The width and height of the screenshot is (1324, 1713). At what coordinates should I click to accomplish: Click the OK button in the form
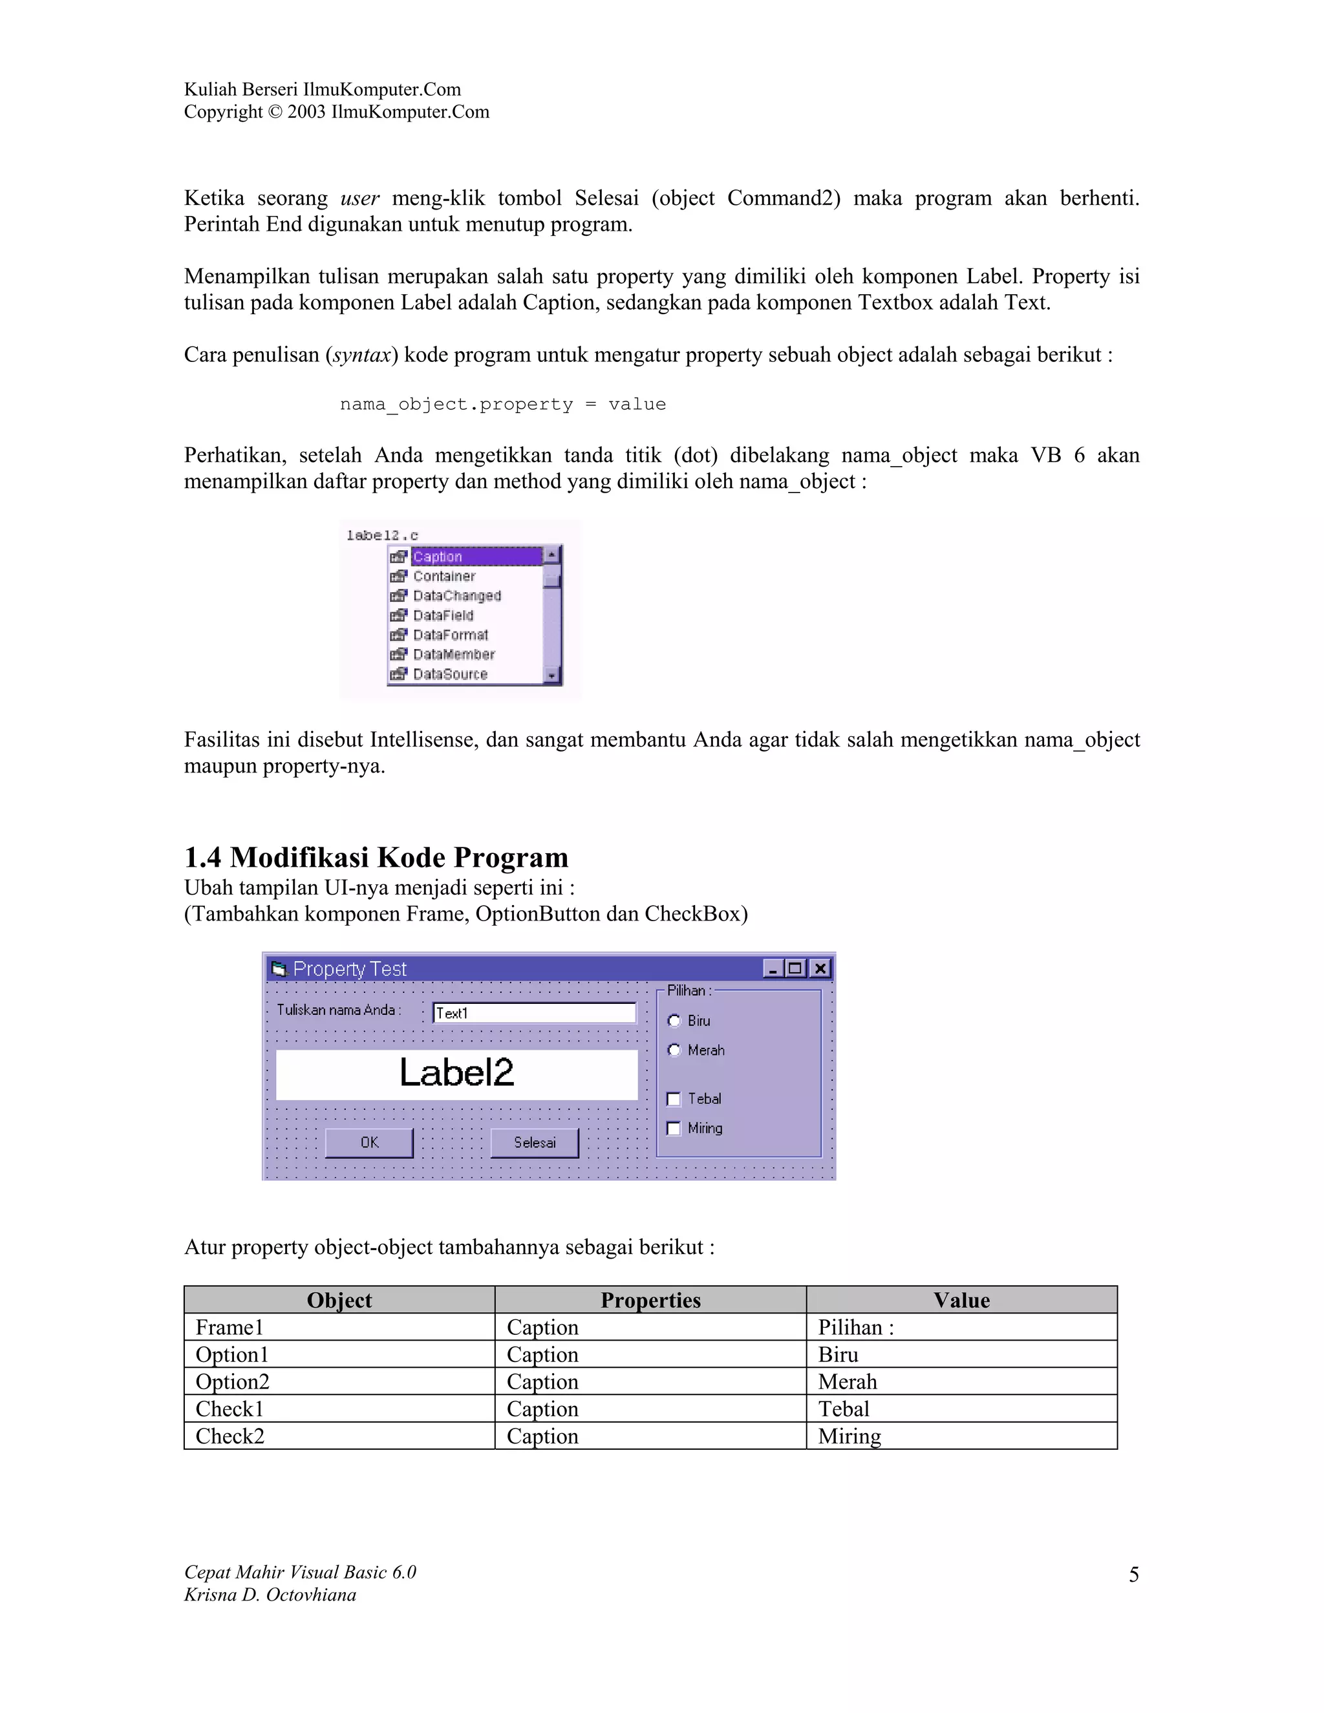[368, 1143]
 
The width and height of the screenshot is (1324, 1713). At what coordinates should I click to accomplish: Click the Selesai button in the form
[534, 1143]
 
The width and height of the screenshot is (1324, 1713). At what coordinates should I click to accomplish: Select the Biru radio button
[674, 1021]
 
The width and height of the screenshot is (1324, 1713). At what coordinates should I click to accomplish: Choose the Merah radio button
[674, 1050]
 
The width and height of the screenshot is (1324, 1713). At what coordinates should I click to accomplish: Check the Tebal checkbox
[674, 1099]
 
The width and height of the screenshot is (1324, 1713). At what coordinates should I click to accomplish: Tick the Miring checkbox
[674, 1129]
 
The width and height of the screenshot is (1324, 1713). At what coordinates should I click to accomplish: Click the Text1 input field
[534, 1012]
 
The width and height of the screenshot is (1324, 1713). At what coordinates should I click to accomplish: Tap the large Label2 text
[456, 1073]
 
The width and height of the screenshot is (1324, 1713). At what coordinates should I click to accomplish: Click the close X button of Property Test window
[820, 969]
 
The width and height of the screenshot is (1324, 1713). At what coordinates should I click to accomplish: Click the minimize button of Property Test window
[773, 969]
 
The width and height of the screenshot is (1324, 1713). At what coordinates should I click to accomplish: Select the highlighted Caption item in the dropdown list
[438, 557]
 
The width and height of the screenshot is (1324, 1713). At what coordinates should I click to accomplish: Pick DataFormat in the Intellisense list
[450, 635]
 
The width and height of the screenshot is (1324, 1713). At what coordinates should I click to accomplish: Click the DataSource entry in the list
[450, 674]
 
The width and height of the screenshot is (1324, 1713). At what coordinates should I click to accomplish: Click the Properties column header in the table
[650, 1301]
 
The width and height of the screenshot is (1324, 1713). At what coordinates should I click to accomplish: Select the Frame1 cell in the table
[230, 1327]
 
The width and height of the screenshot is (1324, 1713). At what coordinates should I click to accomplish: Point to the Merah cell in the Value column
[847, 1381]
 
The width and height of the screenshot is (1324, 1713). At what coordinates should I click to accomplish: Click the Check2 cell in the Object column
[230, 1436]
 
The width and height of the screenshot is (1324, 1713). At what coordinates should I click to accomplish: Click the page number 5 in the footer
[1133, 1574]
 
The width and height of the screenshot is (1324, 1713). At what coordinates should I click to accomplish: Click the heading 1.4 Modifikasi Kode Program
[376, 857]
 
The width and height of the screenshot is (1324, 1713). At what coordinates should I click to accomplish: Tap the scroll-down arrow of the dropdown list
[552, 676]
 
